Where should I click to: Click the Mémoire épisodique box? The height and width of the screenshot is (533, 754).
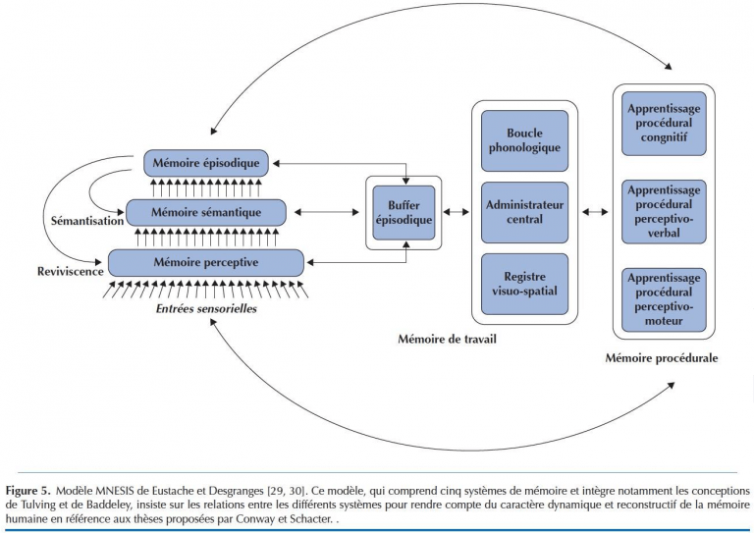(x=205, y=163)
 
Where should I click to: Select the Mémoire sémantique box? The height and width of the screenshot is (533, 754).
(x=206, y=212)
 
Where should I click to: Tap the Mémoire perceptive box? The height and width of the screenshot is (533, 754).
(x=206, y=262)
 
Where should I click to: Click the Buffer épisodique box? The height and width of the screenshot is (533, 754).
(x=404, y=213)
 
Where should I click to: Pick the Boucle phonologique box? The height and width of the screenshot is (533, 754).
(x=524, y=140)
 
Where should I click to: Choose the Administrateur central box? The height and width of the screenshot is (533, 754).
(x=524, y=212)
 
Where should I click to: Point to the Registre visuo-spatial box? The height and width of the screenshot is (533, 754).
(x=524, y=284)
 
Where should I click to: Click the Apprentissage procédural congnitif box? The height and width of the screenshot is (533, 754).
(x=663, y=124)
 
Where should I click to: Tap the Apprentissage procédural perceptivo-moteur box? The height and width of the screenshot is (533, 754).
(x=663, y=297)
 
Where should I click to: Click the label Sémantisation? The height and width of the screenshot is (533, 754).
(x=86, y=221)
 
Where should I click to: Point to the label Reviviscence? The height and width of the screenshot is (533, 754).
(x=70, y=271)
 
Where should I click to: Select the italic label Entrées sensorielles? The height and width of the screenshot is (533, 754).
(x=206, y=310)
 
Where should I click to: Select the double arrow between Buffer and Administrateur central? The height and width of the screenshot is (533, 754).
(x=457, y=212)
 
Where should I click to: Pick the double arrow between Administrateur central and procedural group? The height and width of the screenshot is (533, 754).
(x=594, y=212)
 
